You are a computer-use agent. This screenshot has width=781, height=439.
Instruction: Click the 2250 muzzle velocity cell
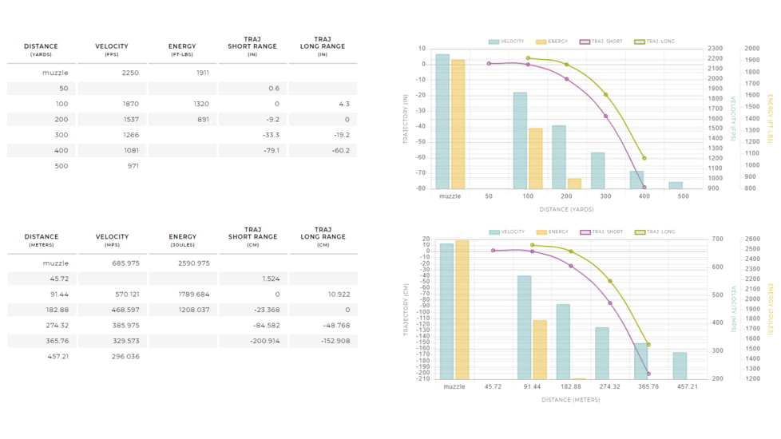point(130,73)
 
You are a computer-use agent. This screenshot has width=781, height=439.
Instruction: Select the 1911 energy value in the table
point(202,73)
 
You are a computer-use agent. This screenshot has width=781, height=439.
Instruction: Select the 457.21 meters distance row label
point(57,356)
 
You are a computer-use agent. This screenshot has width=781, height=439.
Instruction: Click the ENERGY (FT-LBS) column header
point(183,49)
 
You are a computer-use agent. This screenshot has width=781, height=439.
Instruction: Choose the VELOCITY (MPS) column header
point(112,239)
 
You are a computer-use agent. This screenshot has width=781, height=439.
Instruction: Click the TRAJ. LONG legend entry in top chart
point(655,42)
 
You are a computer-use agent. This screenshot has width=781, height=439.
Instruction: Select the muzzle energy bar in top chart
point(458,124)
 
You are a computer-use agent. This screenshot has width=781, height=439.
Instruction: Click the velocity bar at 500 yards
point(676,185)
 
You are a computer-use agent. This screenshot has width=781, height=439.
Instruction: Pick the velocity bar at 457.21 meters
point(680,366)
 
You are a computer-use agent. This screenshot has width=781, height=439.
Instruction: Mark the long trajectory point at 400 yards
point(644,158)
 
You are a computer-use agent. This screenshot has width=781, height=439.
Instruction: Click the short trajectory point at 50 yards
point(489,64)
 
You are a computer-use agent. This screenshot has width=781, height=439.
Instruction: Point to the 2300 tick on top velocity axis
point(716,49)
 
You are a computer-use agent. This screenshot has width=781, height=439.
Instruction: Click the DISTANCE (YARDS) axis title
point(565,210)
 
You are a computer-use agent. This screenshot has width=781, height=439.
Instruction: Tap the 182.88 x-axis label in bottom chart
point(570,386)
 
